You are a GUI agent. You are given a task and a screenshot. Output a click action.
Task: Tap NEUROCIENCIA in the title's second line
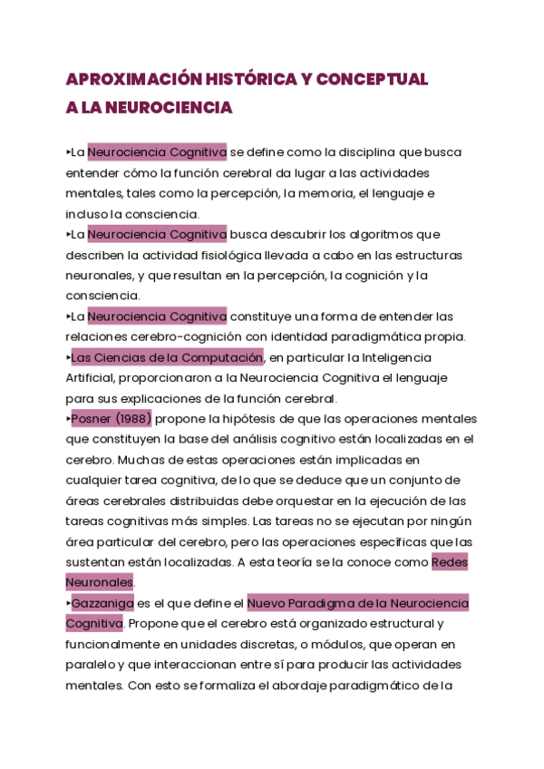(170, 108)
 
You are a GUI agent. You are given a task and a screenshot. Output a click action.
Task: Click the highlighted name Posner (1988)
(112, 418)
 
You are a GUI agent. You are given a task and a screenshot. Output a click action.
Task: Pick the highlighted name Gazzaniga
(102, 603)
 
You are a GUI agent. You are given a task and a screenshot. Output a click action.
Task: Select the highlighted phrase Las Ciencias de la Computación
(167, 356)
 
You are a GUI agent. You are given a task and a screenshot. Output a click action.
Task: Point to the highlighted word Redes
(450, 562)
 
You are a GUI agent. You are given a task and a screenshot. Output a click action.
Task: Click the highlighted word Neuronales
(99, 582)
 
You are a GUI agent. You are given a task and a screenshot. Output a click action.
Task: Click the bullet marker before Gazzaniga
(68, 603)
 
